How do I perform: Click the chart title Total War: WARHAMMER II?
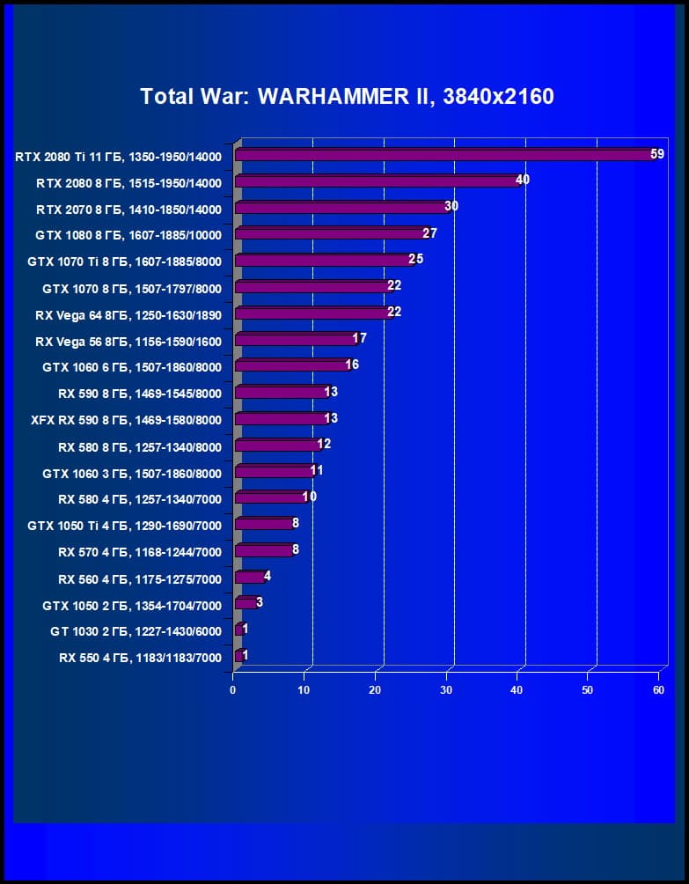coord(347,97)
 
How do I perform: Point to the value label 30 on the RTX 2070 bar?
coord(451,206)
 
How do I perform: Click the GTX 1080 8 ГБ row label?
coord(128,235)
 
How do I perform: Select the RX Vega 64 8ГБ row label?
coord(128,314)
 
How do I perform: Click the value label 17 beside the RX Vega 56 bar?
coord(359,338)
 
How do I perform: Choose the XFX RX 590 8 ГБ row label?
coord(126,420)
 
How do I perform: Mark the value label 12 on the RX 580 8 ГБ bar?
coord(324,444)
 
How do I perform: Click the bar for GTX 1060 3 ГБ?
coord(274,471)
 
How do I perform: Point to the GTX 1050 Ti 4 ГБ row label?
coord(125,526)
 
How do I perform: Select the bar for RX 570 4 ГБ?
coord(264,550)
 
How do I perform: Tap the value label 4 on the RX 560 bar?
coord(268,576)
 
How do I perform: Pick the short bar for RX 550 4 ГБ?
coord(238,656)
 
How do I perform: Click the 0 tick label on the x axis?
coord(233,690)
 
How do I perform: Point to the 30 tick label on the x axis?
coord(446,690)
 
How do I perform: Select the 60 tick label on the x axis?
coord(658,690)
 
